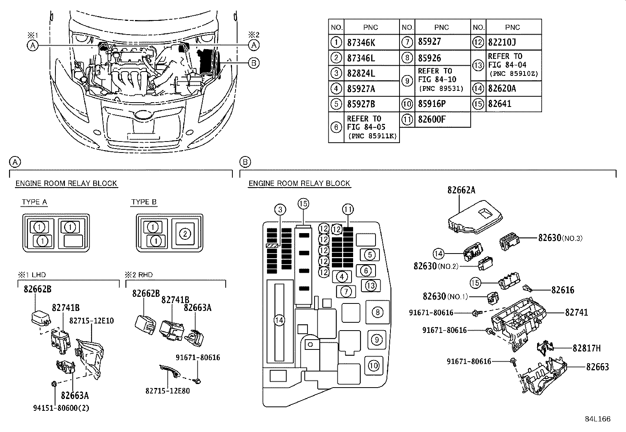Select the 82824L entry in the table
point(361,74)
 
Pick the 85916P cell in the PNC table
point(432,104)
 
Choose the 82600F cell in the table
point(432,119)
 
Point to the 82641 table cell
point(499,104)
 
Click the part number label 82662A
point(461,190)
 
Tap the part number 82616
point(563,290)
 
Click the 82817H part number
point(586,348)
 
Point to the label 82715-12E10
point(92,321)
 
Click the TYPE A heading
point(35,202)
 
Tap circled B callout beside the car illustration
point(254,63)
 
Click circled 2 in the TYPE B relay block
point(185,234)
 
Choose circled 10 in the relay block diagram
point(374,366)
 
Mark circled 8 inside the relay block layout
point(377,312)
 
